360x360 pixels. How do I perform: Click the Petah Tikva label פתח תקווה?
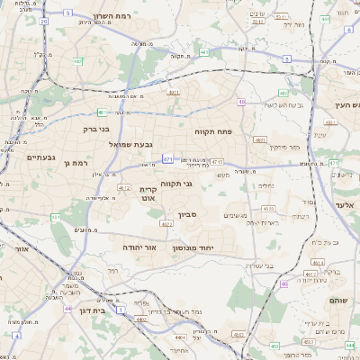click(213, 131)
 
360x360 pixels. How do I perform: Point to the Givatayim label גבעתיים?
click(41, 157)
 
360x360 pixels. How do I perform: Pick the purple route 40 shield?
click(241, 103)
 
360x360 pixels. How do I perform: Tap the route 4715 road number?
click(217, 161)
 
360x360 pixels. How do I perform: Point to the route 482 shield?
click(78, 61)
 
